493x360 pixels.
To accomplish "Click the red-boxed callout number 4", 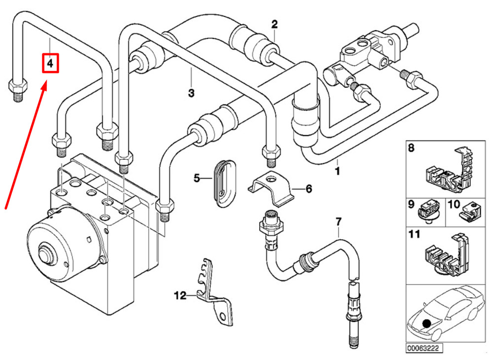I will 50,63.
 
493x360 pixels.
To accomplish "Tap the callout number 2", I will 275,24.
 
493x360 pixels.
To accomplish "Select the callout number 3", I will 191,93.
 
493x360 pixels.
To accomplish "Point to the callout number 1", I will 338,171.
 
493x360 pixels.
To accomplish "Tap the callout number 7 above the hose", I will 338,221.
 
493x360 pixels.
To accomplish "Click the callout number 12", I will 179,296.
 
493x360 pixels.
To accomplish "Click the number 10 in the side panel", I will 453,202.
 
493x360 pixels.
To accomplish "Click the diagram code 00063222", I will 423,348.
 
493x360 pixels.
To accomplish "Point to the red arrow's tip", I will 47,84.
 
